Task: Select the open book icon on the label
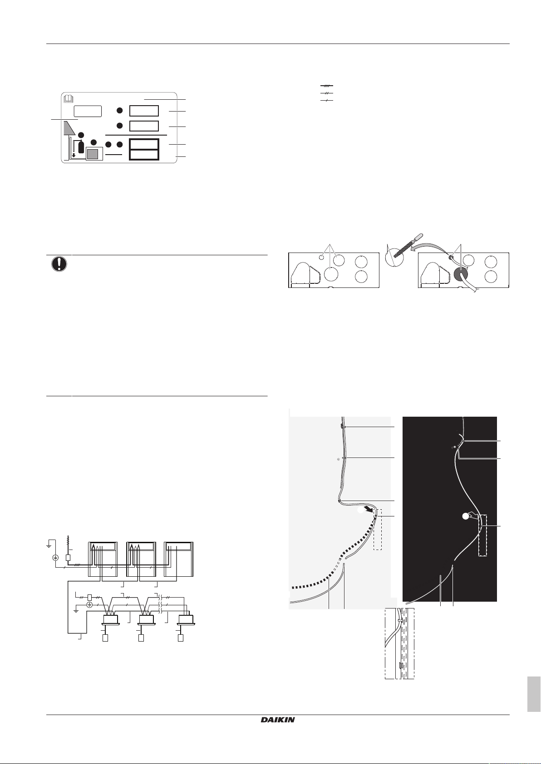(x=68, y=98)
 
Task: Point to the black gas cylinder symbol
(x=81, y=146)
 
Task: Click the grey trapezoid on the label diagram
(x=69, y=128)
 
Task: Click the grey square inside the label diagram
(x=93, y=154)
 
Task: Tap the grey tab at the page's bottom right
(x=534, y=695)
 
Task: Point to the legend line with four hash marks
(x=327, y=86)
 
